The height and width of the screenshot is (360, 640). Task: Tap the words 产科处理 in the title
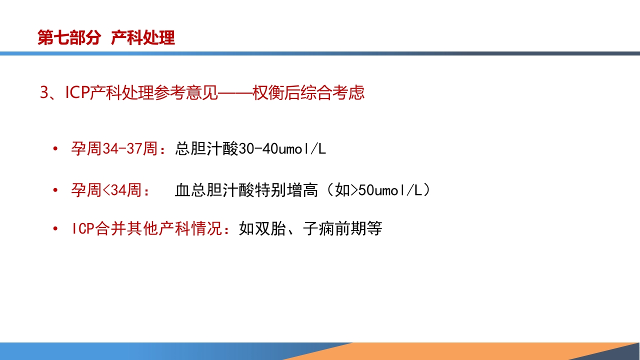[x=143, y=38]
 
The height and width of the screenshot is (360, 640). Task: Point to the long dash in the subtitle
[x=235, y=93]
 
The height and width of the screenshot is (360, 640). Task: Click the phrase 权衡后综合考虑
[x=308, y=93]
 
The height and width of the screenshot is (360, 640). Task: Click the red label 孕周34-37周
[x=114, y=149]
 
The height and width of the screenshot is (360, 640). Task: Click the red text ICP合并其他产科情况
[x=148, y=229]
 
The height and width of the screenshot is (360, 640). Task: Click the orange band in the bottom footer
[x=450, y=351]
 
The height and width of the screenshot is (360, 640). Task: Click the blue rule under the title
[x=320, y=53]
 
